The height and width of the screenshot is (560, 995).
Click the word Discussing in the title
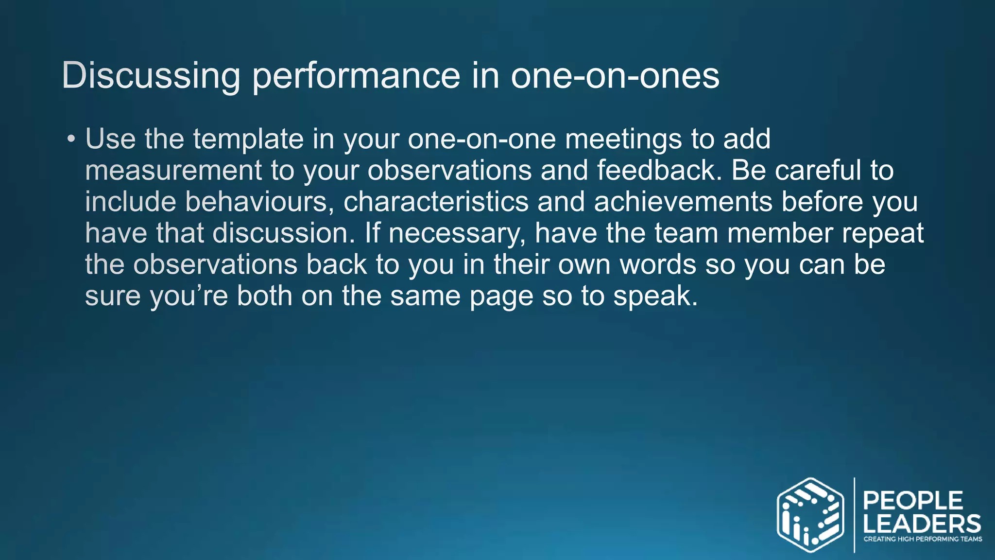pyautogui.click(x=151, y=76)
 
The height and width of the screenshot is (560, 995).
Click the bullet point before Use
pyautogui.click(x=71, y=140)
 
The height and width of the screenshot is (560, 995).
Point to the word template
pyautogui.click(x=248, y=140)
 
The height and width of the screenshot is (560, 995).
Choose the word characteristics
pyautogui.click(x=436, y=202)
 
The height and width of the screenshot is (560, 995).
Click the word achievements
pyautogui.click(x=683, y=202)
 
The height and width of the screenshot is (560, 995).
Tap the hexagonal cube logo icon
pyautogui.click(x=810, y=515)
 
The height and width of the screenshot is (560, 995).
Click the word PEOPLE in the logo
pyautogui.click(x=913, y=501)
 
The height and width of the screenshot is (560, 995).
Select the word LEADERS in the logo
pyautogui.click(x=922, y=524)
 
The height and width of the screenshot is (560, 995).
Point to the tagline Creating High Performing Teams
pyautogui.click(x=922, y=539)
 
